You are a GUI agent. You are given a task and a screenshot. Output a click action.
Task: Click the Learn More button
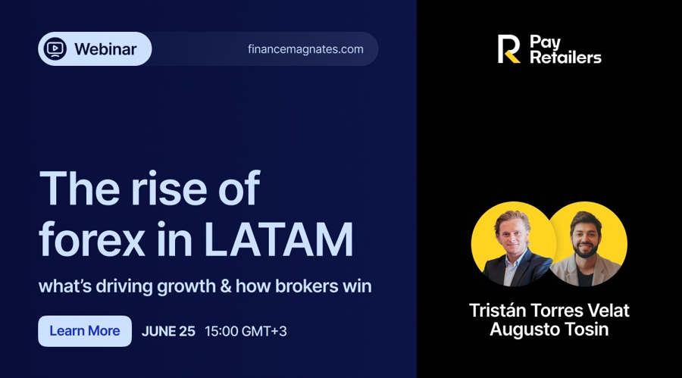85,331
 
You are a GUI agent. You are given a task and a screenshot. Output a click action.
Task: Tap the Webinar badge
95,49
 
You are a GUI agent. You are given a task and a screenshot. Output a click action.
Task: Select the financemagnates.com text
305,49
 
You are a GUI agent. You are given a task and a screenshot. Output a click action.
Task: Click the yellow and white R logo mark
508,49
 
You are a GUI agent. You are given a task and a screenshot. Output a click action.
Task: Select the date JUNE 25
168,331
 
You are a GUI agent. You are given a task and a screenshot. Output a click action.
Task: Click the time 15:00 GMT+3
246,331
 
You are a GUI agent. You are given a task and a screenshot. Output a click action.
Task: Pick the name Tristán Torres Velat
549,311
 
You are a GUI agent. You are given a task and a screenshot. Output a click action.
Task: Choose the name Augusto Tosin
549,330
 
